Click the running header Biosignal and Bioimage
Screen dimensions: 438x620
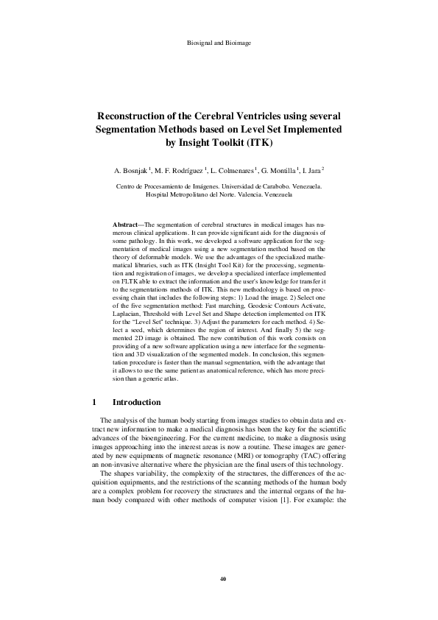220,43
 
